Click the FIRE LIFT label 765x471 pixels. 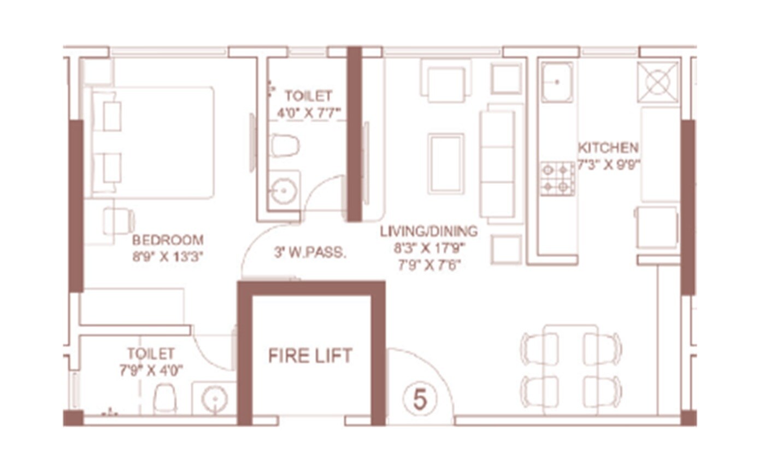pos(310,356)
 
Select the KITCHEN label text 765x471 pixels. pos(608,148)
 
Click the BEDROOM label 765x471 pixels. pos(168,240)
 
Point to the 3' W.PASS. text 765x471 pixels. pos(310,253)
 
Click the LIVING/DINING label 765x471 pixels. pos(428,231)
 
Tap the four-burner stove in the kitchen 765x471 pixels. pos(557,179)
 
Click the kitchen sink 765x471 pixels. pos(557,82)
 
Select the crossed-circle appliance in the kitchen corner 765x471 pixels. pos(657,82)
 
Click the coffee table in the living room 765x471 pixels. pos(446,163)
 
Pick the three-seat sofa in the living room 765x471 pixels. pos(497,164)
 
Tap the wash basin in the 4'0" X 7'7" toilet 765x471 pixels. pos(284,191)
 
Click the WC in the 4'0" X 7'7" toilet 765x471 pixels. pos(285,146)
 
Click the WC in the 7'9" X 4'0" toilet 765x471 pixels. pos(164,398)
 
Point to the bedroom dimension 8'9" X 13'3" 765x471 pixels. pos(168,257)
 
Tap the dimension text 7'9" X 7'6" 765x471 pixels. pos(428,265)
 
